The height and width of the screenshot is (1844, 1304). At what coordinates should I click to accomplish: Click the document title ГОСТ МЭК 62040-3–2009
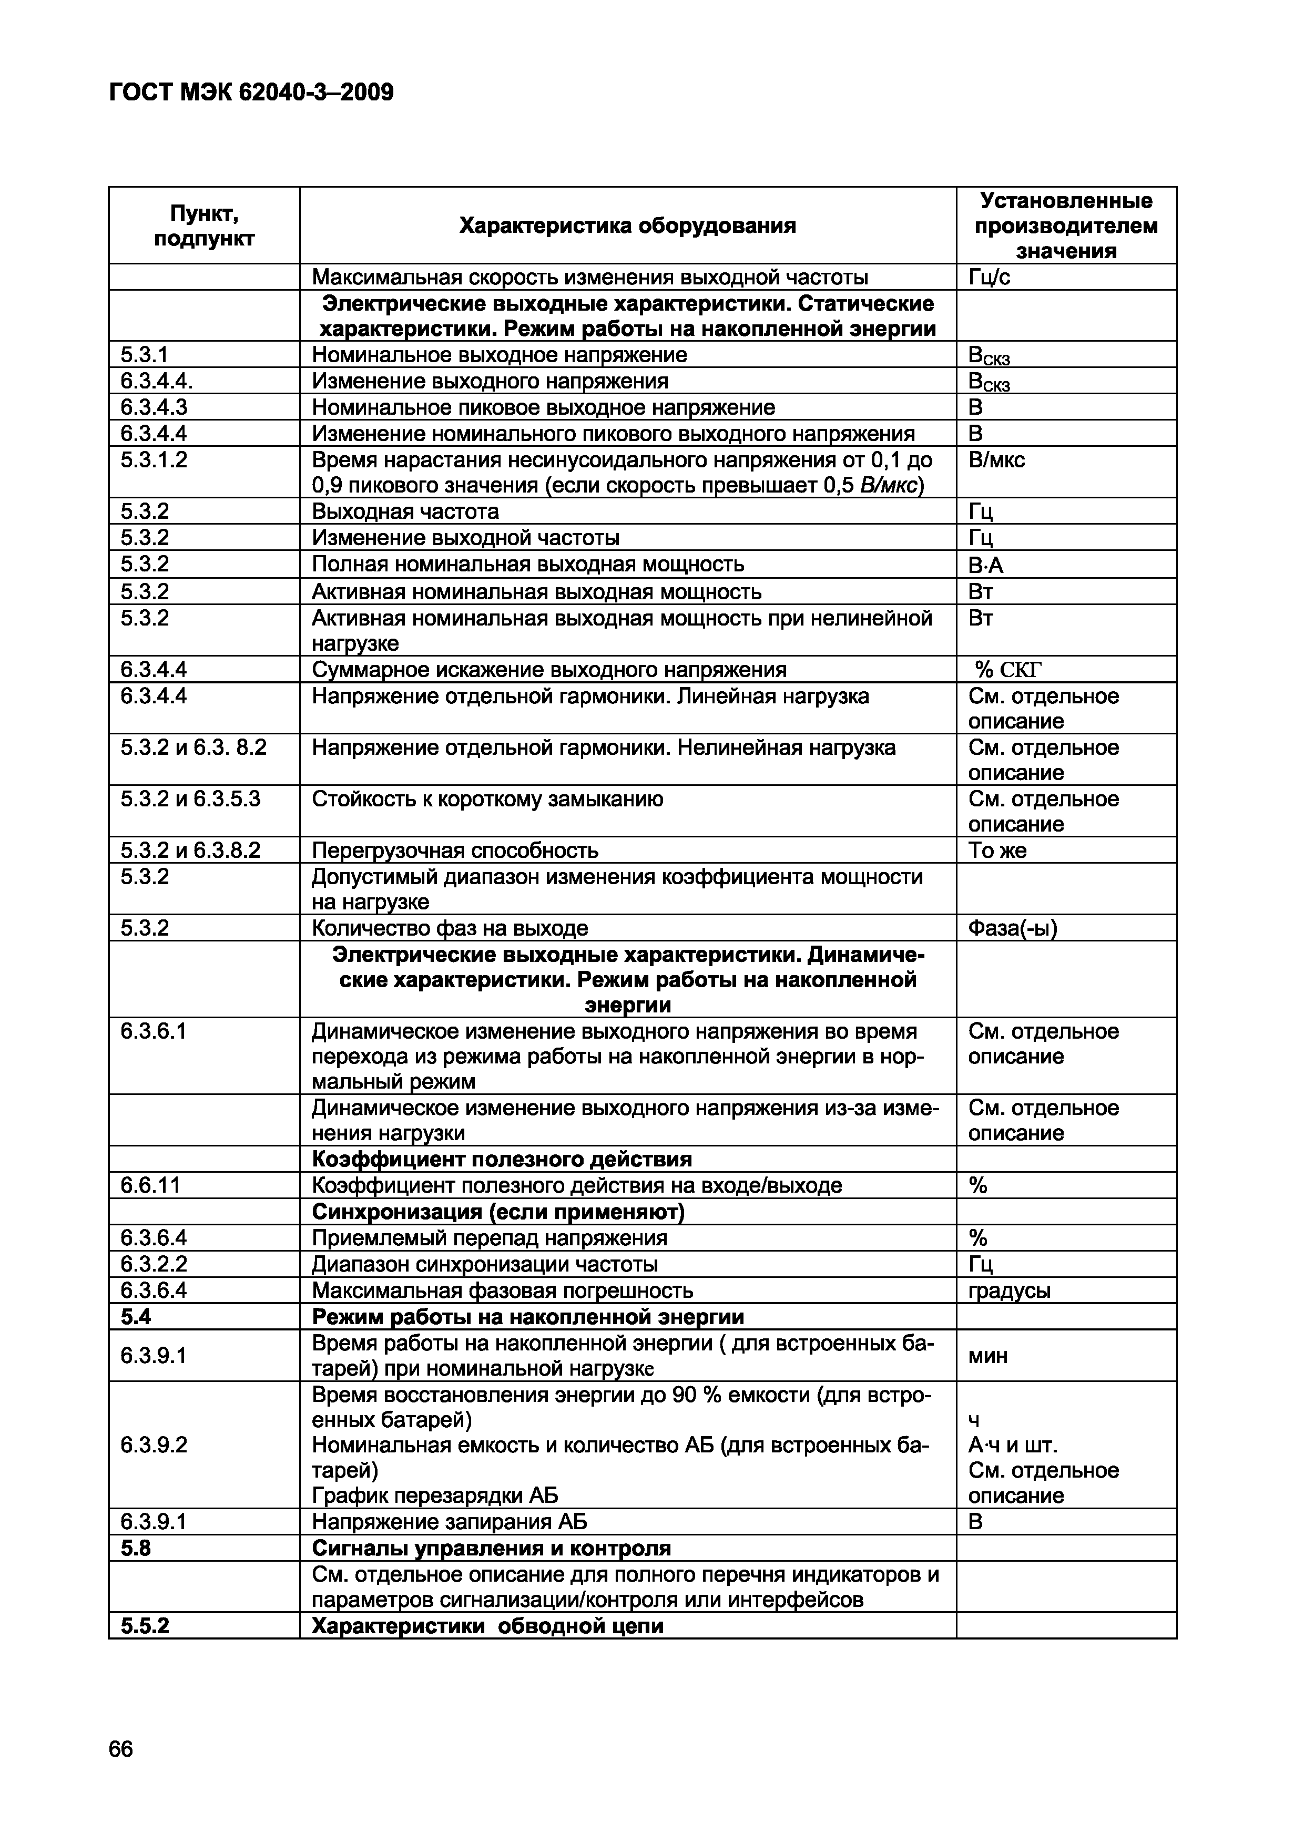[251, 93]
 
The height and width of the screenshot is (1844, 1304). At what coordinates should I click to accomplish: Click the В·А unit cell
[986, 566]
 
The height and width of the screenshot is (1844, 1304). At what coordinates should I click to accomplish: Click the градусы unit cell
[1009, 1290]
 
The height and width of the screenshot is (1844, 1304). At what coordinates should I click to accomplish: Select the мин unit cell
[987, 1357]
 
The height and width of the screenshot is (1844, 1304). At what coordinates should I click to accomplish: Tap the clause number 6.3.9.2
[154, 1445]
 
